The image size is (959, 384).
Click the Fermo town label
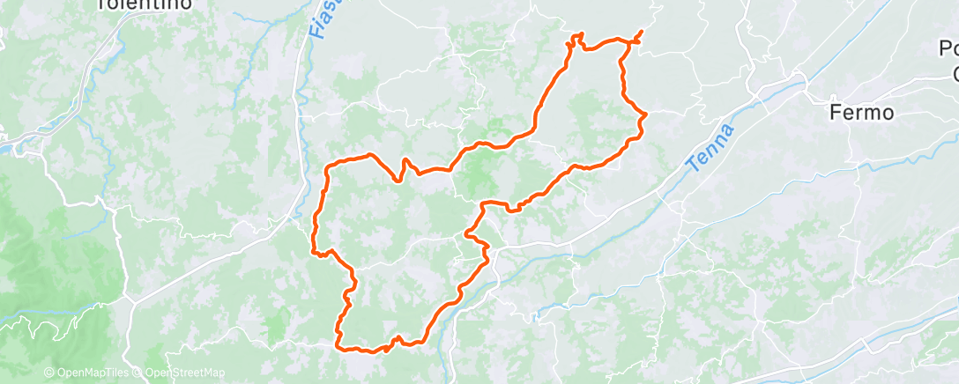click(863, 113)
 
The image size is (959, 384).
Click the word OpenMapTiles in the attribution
click(92, 373)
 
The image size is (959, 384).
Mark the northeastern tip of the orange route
click(641, 32)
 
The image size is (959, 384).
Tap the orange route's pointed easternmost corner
click(646, 114)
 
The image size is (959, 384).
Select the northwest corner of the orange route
click(330, 165)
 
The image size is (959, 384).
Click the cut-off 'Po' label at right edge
click(948, 48)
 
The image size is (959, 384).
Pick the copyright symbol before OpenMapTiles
click(48, 373)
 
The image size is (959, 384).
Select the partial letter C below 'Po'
click(952, 70)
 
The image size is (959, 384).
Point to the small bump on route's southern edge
click(397, 339)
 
